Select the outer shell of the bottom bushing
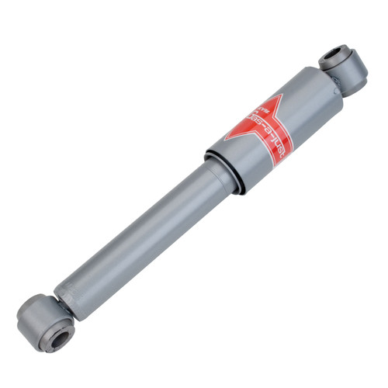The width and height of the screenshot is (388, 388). (31, 318)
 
